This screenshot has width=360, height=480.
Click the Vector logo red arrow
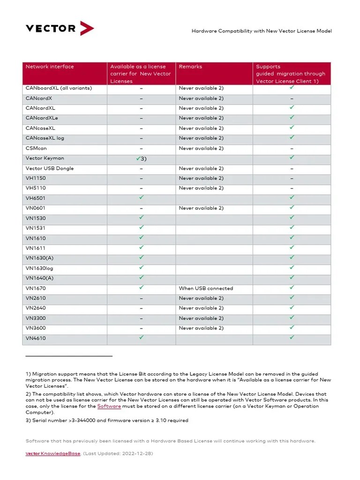(x=87, y=29)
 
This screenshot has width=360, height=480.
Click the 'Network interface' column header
(x=50, y=67)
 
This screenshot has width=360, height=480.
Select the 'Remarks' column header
(x=190, y=67)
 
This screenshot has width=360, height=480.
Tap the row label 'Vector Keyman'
(x=45, y=158)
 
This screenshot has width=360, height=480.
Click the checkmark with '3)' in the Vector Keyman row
(x=141, y=158)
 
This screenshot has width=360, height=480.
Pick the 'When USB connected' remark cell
(x=206, y=288)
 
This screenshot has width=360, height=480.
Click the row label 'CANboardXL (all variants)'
(x=59, y=88)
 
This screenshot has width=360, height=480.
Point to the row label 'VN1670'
(x=36, y=288)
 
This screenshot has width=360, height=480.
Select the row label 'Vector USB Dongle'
(x=50, y=168)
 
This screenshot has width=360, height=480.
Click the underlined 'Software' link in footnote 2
(x=109, y=406)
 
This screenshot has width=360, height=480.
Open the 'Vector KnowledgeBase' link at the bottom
(x=52, y=454)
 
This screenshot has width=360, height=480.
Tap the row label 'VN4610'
(x=36, y=338)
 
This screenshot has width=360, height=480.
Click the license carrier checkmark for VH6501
(x=141, y=198)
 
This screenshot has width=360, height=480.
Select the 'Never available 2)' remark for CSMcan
(x=201, y=148)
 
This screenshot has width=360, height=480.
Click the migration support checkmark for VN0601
(x=292, y=207)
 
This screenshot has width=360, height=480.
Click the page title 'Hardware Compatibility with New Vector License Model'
(x=262, y=31)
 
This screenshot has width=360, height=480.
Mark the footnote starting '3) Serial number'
(x=106, y=420)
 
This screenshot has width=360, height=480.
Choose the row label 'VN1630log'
(x=39, y=268)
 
